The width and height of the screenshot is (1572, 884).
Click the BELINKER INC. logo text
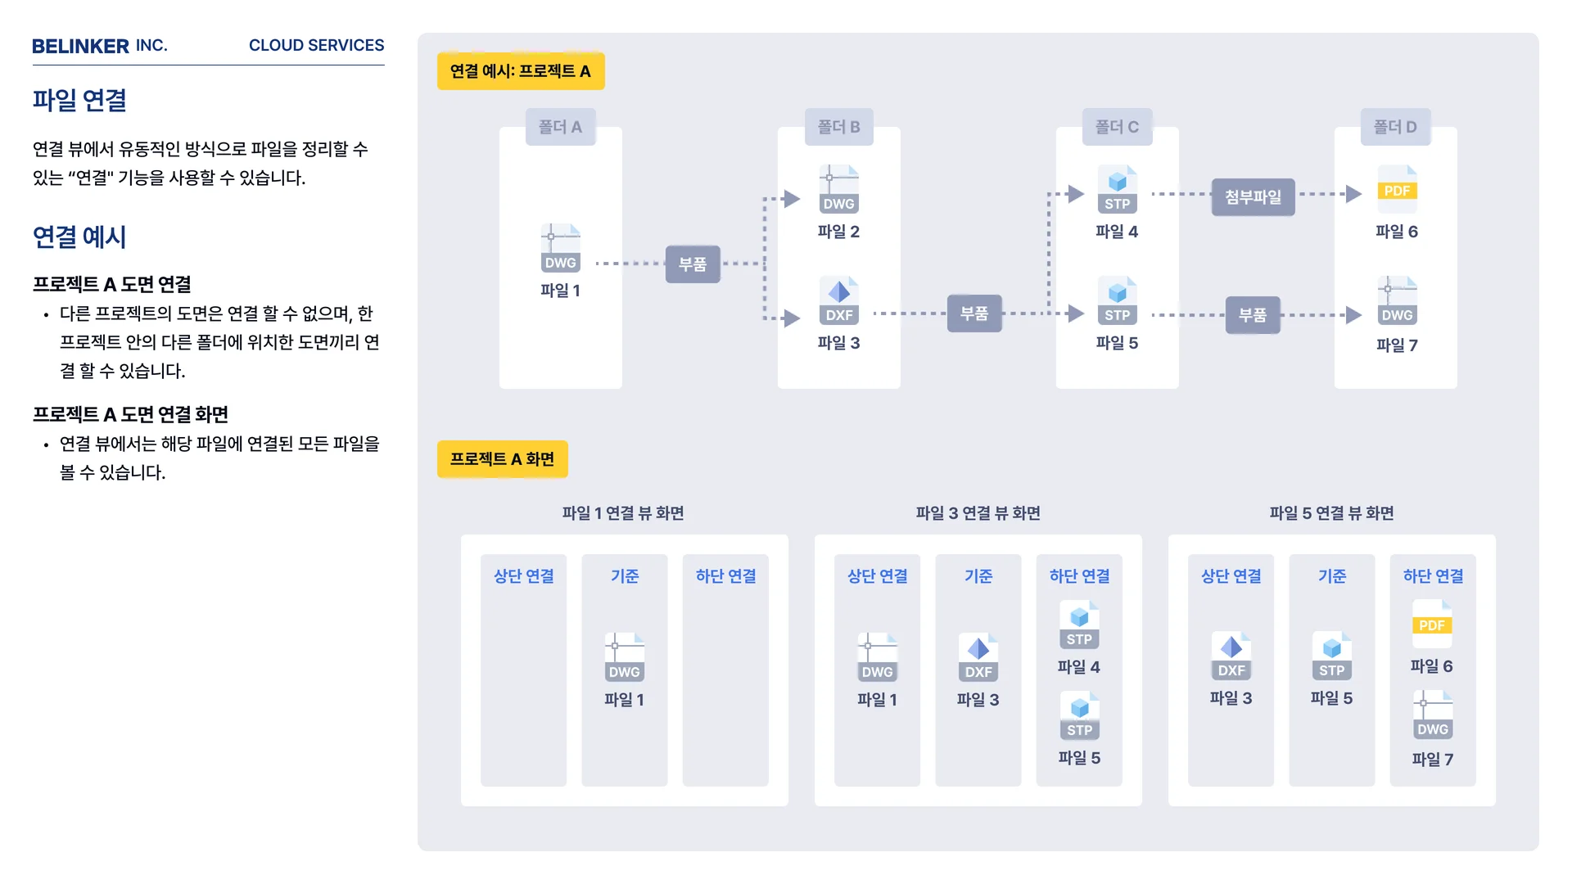[99, 46]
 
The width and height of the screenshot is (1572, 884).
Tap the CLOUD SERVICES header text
[316, 46]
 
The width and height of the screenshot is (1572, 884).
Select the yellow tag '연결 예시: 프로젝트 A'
[521, 71]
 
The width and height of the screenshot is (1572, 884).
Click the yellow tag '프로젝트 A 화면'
[502, 459]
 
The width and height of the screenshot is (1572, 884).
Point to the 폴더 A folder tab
[560, 127]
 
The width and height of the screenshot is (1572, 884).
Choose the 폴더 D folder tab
[1395, 127]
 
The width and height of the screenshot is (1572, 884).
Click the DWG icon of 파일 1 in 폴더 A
[561, 248]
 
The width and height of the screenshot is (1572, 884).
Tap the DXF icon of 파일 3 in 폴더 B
[839, 300]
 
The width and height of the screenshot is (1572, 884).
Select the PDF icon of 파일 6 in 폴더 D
[1397, 188]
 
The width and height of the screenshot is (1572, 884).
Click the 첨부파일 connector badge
[1253, 197]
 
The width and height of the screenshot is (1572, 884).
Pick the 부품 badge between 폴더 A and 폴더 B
[693, 264]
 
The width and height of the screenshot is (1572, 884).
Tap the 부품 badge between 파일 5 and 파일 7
[1253, 315]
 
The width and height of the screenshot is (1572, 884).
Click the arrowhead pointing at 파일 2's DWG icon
[791, 199]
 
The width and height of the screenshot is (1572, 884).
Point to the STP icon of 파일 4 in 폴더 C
[1118, 189]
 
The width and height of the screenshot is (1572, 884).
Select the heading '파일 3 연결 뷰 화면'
[978, 513]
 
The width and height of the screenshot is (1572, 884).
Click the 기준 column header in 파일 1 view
[625, 576]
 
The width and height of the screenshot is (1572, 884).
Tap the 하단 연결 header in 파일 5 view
[1433, 576]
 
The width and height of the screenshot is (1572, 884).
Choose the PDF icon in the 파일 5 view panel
[1432, 623]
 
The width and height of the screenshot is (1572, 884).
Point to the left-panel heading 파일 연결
[79, 101]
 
